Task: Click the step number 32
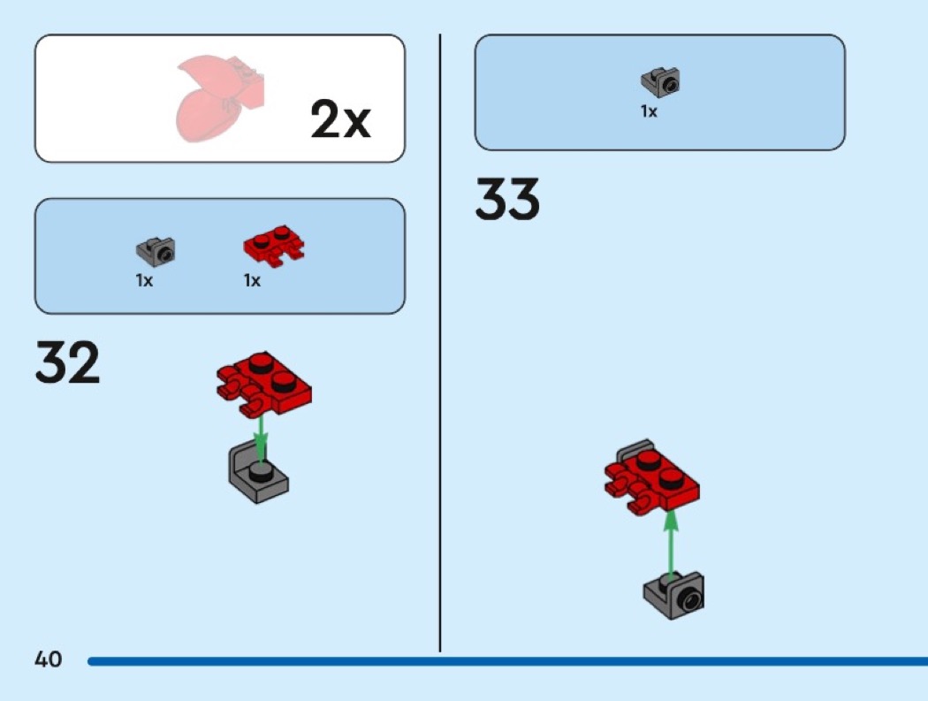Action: tap(67, 364)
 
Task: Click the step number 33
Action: tap(507, 200)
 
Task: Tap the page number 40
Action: tap(49, 659)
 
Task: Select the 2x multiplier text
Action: tap(340, 120)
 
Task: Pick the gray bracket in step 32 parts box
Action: tap(156, 252)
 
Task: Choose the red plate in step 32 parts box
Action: tap(273, 246)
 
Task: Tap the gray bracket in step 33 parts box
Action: tap(661, 83)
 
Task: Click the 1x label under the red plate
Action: tap(253, 281)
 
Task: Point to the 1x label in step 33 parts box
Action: tap(650, 112)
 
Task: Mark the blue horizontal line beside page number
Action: tap(504, 660)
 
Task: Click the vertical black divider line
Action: tap(440, 345)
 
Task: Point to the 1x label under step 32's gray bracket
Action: tap(145, 281)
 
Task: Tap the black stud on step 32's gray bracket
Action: tap(259, 470)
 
